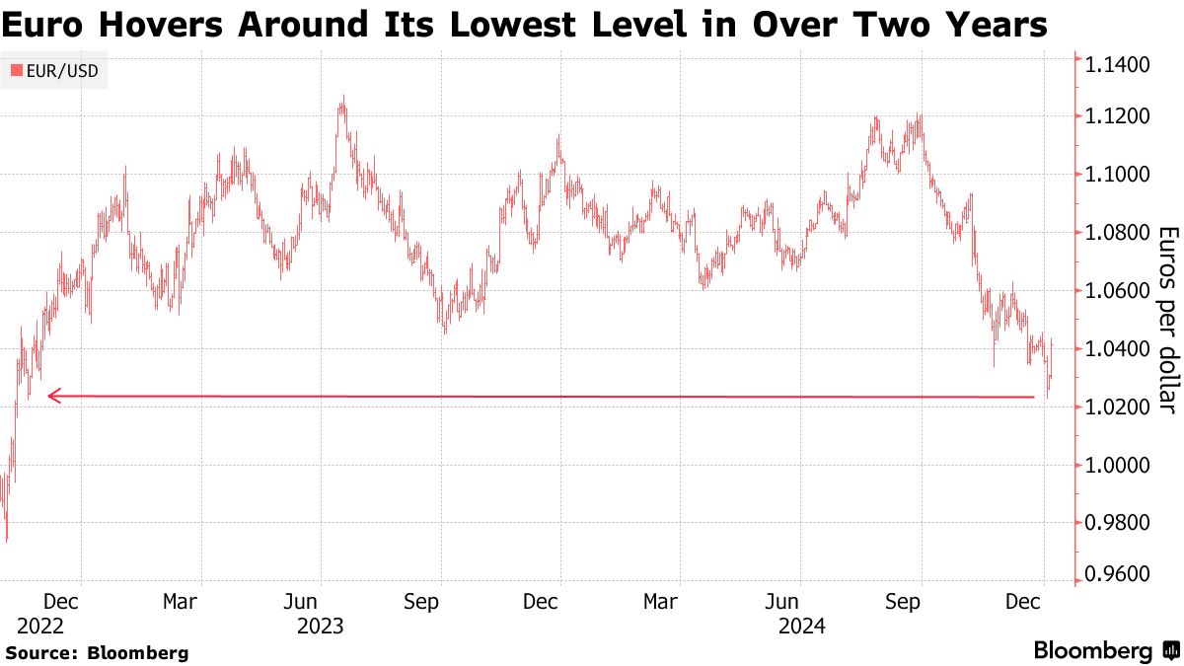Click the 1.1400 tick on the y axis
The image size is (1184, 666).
click(x=1117, y=66)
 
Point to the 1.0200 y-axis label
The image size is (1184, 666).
click(x=1117, y=407)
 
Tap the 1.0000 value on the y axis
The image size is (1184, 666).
click(x=1117, y=466)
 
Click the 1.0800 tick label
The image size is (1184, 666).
click(x=1117, y=233)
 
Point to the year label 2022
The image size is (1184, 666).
click(x=40, y=626)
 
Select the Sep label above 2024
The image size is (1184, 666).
click(x=919, y=600)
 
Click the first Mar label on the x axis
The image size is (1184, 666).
click(x=180, y=600)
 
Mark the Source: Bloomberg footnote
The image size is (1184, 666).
click(x=97, y=652)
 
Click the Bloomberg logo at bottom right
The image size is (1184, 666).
click(x=1105, y=650)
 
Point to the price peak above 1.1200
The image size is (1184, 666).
click(x=341, y=98)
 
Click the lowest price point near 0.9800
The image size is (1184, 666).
click(x=7, y=540)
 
